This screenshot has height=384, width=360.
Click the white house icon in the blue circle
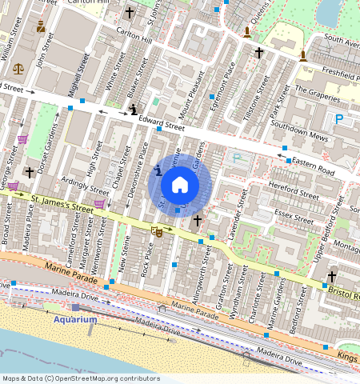click(x=180, y=185)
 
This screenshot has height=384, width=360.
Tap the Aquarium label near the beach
click(x=75, y=319)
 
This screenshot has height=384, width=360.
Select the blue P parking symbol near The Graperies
click(x=339, y=119)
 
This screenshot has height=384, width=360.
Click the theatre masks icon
click(x=158, y=231)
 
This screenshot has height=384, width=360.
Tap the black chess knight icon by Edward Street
click(x=134, y=109)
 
